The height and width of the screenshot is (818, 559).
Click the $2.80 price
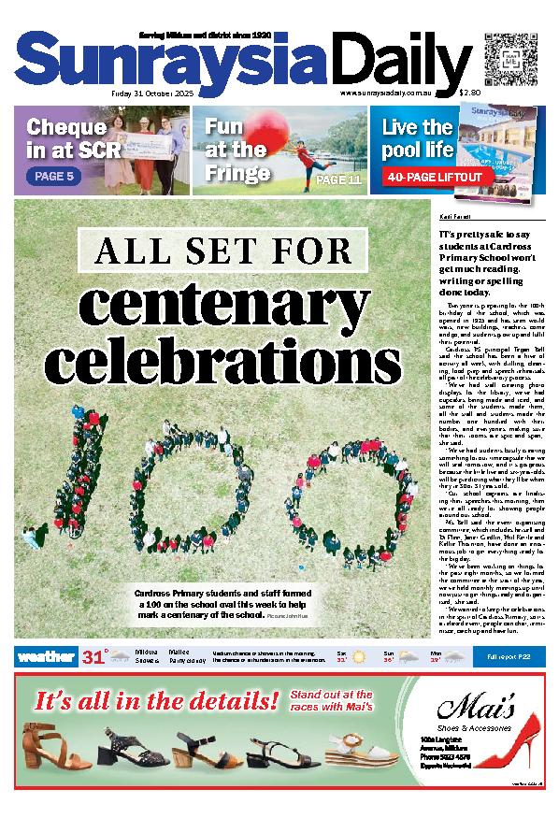(469, 93)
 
